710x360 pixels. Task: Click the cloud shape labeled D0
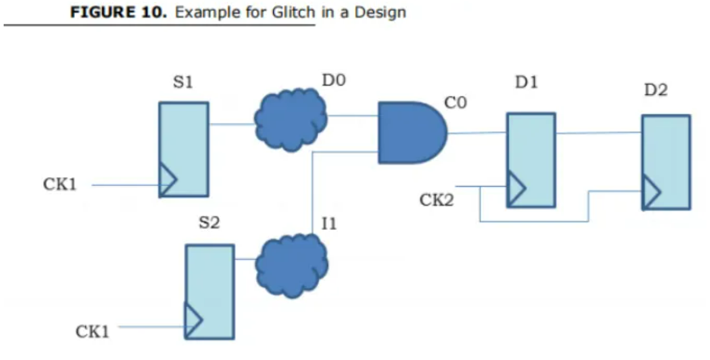coord(290,119)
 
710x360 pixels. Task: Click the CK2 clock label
coord(436,200)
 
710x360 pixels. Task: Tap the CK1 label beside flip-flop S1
coord(60,185)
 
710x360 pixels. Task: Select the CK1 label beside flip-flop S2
coord(92,331)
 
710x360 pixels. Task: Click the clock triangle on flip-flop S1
coord(167,180)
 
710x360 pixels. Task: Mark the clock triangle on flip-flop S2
coord(193,320)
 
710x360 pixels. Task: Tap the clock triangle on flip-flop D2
coord(650,193)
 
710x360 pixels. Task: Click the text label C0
coord(456,104)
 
